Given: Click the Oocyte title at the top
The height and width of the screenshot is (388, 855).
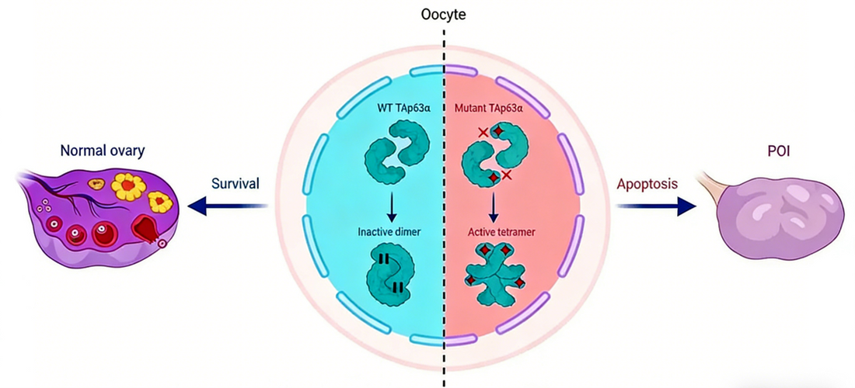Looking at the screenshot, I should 444,15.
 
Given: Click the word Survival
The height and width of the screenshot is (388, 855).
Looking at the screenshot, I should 236,185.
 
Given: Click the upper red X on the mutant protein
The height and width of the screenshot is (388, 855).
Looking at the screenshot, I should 483,133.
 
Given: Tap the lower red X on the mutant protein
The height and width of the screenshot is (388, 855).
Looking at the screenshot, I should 507,176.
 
